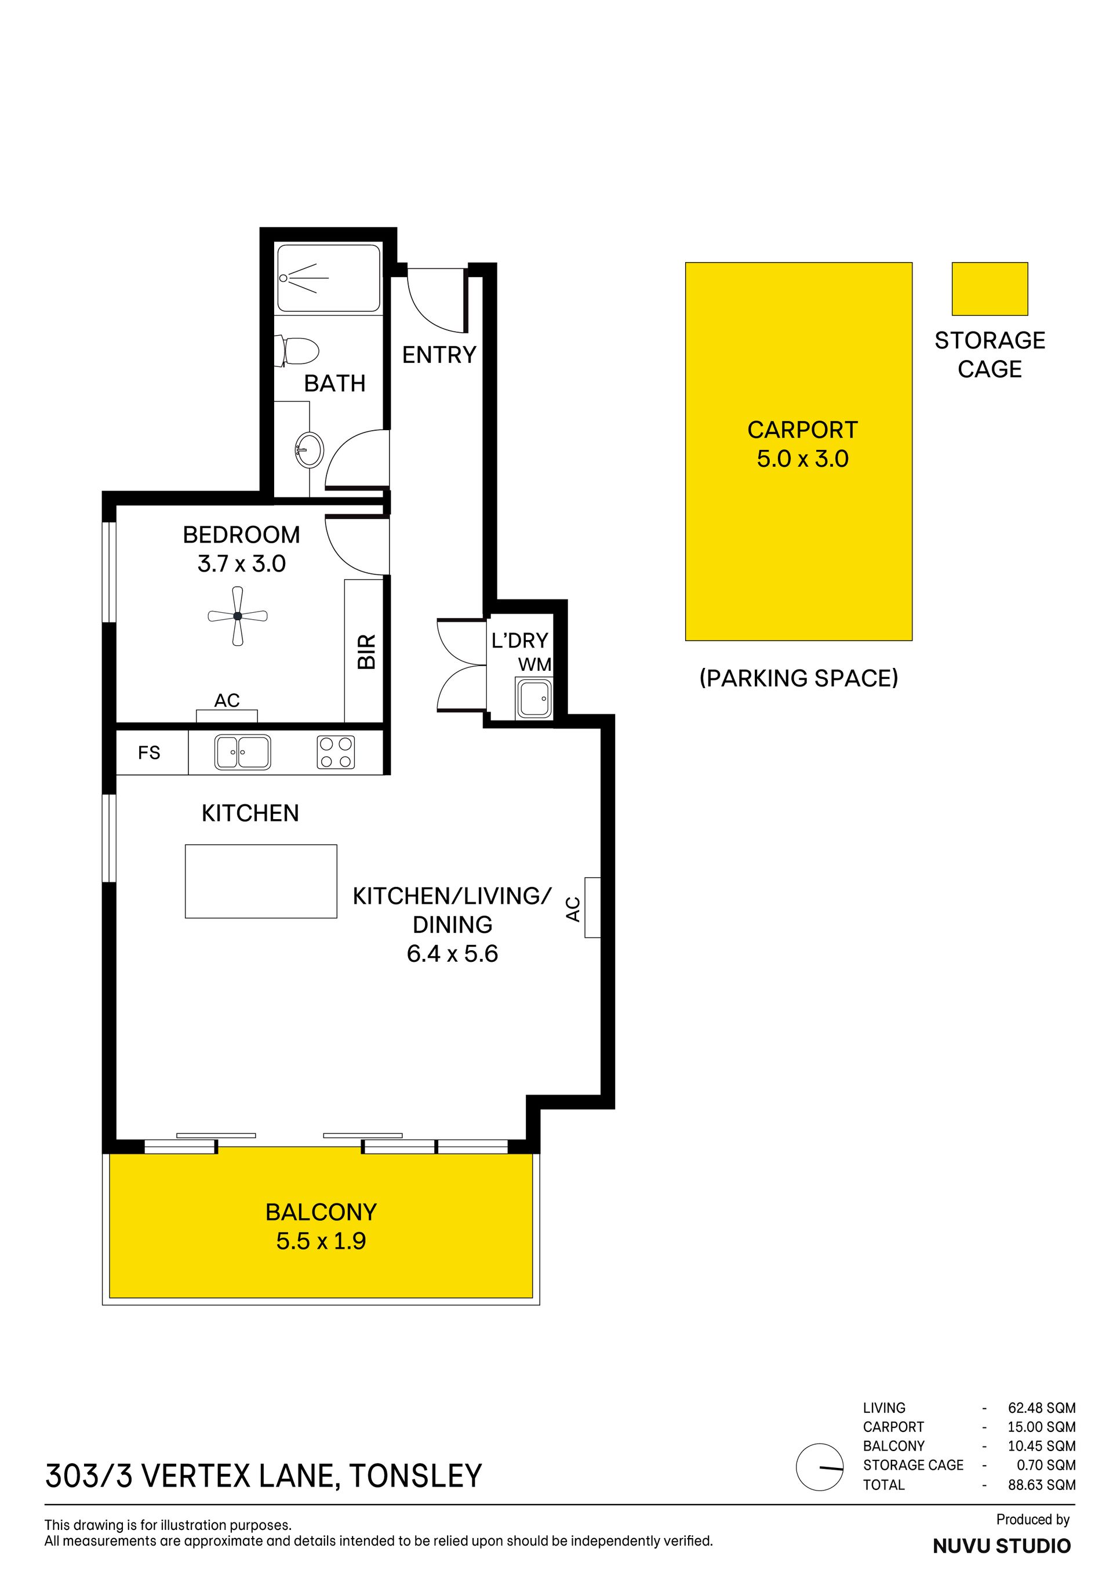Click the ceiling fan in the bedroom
(x=237, y=616)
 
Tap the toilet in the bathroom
(x=297, y=351)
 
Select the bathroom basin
(x=309, y=450)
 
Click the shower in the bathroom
(x=328, y=278)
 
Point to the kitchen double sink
(x=243, y=752)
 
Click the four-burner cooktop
(x=336, y=752)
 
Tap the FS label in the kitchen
(x=149, y=753)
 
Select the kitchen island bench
(x=261, y=881)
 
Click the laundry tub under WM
(x=534, y=699)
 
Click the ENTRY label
(x=439, y=355)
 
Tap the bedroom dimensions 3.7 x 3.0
(x=241, y=564)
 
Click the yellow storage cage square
(x=990, y=289)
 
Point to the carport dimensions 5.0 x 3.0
(x=802, y=459)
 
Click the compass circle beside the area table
(x=819, y=1467)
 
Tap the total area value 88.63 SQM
(x=1041, y=1485)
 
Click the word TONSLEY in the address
(x=416, y=1476)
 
